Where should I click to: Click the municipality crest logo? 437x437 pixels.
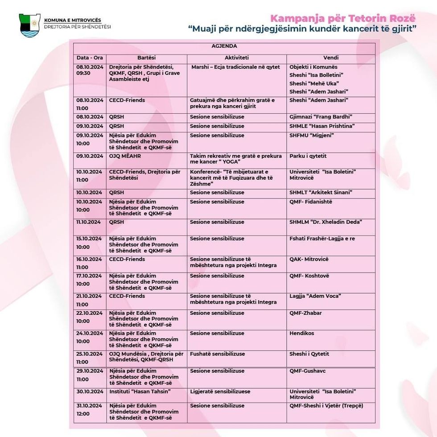click(x=30, y=25)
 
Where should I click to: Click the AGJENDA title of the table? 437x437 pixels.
click(x=224, y=46)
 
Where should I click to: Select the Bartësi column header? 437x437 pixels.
click(x=146, y=58)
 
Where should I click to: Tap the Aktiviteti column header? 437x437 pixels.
click(x=237, y=58)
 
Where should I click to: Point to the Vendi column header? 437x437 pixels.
click(x=331, y=58)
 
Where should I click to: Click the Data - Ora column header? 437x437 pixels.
click(x=90, y=58)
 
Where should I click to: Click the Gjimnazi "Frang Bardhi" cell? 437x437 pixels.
click(x=318, y=117)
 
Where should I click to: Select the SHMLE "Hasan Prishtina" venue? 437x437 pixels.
click(x=322, y=126)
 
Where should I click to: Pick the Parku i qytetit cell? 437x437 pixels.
click(x=308, y=156)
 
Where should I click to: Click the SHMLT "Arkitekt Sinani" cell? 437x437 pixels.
click(x=321, y=193)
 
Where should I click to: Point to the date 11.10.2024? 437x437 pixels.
click(x=89, y=222)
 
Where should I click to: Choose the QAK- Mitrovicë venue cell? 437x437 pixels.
click(x=309, y=260)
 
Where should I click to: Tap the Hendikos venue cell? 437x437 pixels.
click(x=302, y=334)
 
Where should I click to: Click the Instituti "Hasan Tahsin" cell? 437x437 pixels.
click(x=140, y=392)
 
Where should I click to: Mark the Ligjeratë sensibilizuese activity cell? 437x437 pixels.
click(x=220, y=392)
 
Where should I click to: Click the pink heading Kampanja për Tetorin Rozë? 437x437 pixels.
click(x=343, y=18)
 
